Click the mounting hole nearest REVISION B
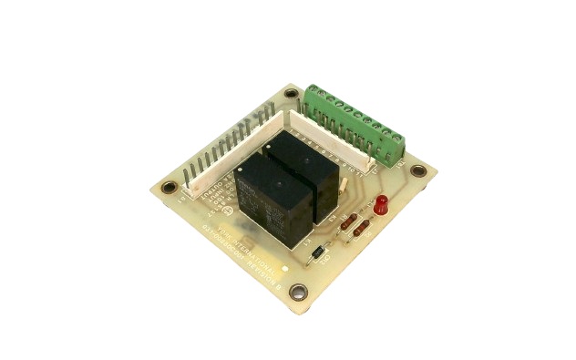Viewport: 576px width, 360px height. point(298,293)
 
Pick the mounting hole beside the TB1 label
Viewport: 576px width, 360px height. point(418,170)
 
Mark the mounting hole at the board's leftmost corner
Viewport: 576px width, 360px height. point(169,188)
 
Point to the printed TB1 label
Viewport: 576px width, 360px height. point(402,163)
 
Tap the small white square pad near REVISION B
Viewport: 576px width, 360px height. point(286,270)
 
